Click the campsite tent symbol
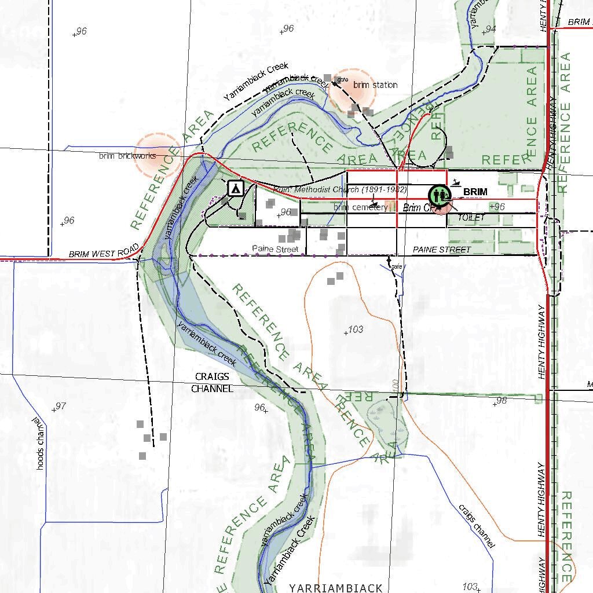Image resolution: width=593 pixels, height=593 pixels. tap(235, 188)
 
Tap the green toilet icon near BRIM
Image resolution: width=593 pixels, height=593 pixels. tap(439, 194)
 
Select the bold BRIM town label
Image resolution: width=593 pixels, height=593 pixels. tap(475, 192)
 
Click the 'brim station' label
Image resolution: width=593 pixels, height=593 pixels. tap(375, 85)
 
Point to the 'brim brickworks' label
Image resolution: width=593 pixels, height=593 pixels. tap(127, 156)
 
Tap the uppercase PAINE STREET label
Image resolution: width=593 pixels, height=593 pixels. tap(442, 250)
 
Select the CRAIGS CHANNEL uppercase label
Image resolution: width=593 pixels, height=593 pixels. tap(212, 383)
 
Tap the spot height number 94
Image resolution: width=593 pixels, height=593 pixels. tap(490, 29)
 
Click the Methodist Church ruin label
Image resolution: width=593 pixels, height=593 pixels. tap(340, 189)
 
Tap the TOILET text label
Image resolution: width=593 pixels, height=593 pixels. tap(470, 218)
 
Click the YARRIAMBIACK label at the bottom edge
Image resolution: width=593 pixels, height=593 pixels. tap(336, 587)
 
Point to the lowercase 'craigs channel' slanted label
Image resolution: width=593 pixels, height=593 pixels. tap(477, 526)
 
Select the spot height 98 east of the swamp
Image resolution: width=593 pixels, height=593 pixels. tap(502, 401)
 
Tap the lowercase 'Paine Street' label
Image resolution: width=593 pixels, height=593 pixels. tap(275, 249)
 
